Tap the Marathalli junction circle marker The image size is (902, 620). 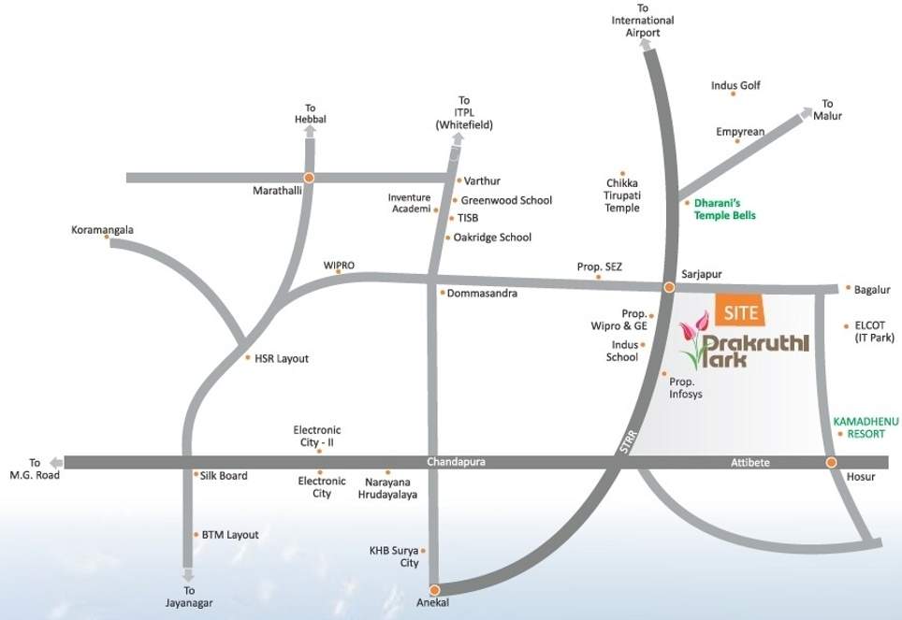pos(308,177)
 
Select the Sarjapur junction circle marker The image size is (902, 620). pos(669,287)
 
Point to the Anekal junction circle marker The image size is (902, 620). pos(434,589)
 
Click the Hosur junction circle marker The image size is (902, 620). pos(830,463)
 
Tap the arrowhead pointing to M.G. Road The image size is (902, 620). pos(57,462)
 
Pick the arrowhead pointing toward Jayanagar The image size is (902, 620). pos(189,574)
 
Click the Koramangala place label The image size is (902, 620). pos(103,229)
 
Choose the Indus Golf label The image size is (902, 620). pos(735,86)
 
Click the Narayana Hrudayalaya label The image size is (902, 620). pos(387,487)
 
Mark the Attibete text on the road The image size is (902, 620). pos(749,462)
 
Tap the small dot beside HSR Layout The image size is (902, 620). pos(247,358)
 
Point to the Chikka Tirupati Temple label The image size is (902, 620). pos(622,195)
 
